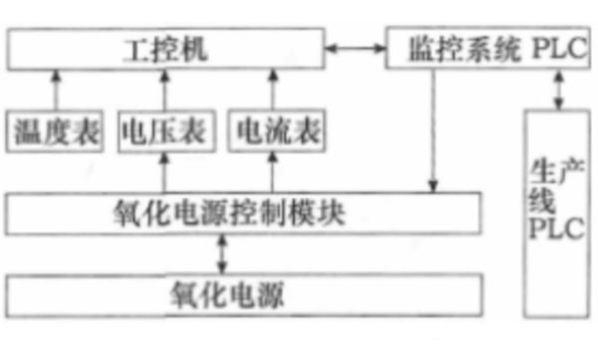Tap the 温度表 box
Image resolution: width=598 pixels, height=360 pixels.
(55, 131)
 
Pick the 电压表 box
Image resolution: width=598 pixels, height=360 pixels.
(162, 131)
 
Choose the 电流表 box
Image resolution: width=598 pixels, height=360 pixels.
(272, 131)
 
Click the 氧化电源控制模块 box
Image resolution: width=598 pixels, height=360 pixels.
(244, 212)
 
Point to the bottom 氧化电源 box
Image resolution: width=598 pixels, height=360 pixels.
(244, 294)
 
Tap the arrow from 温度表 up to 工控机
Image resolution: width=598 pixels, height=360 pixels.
(56, 90)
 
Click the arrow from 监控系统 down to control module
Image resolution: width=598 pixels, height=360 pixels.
(434, 130)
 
